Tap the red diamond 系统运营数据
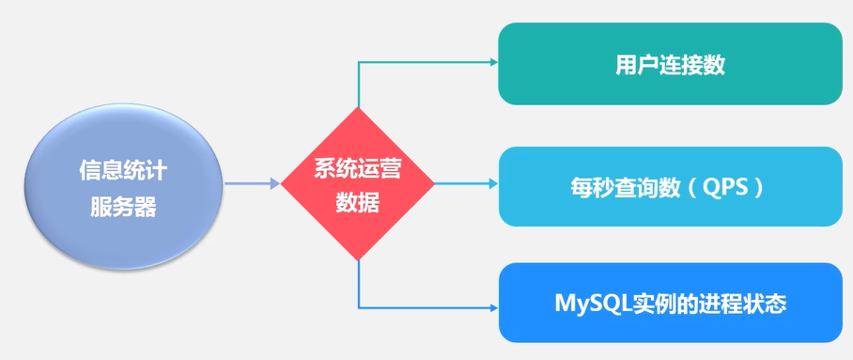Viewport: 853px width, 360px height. (x=358, y=184)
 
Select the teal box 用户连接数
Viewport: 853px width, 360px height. (x=670, y=65)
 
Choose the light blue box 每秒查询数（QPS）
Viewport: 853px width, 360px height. (x=670, y=186)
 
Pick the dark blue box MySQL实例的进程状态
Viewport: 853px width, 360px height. (x=670, y=304)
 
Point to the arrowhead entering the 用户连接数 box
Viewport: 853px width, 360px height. (x=491, y=63)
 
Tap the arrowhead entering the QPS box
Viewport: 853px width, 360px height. (x=491, y=184)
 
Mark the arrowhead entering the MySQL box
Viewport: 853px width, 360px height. (x=491, y=306)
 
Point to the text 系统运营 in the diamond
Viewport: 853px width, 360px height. (x=358, y=171)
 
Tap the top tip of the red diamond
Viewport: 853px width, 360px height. (x=358, y=110)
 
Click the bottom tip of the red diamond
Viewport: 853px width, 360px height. (x=358, y=258)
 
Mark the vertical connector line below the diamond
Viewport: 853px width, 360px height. (x=359, y=284)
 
